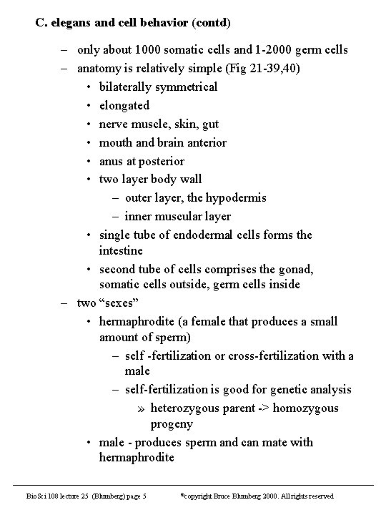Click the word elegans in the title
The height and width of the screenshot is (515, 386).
[x=70, y=21]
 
